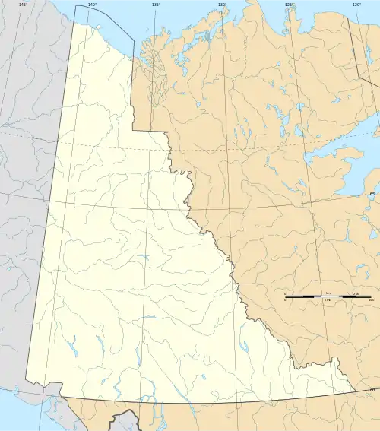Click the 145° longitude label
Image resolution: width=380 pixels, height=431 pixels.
click(23, 5)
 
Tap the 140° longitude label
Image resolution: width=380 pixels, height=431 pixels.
click(91, 5)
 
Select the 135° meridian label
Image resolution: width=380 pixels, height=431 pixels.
click(156, 5)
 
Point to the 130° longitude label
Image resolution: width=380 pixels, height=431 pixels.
click(222, 5)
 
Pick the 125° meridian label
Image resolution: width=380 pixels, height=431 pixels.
click(289, 5)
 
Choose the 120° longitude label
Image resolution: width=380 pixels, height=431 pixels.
click(356, 5)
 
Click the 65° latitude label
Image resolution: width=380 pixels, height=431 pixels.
click(372, 195)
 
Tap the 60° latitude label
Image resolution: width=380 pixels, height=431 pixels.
click(372, 390)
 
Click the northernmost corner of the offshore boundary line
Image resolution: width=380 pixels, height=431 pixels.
click(75, 6)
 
